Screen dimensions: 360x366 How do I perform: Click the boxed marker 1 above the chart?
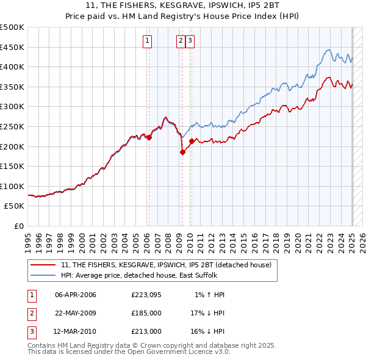pos(148,41)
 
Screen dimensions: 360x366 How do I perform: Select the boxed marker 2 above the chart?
pos(181,41)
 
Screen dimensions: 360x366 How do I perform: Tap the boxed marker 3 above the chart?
pos(190,41)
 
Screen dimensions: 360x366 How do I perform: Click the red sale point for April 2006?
pos(149,137)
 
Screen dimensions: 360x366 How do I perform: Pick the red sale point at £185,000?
pos(182,153)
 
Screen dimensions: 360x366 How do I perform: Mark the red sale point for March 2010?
pos(192,142)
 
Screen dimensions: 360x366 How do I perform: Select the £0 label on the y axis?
pos(19,226)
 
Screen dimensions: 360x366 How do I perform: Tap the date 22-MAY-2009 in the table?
pos(76,313)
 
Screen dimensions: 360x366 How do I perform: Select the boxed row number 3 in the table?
pos(32,331)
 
